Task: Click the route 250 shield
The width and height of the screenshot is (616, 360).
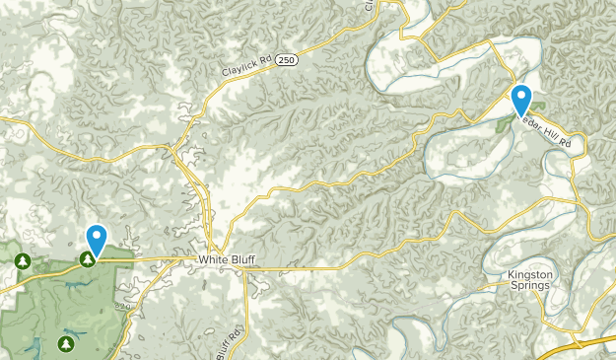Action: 286,60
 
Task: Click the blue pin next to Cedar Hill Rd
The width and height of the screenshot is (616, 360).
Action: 520,101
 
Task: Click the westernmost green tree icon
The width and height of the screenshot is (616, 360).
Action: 23,261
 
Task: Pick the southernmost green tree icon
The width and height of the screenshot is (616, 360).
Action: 65,343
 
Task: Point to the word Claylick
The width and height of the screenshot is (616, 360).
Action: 233,72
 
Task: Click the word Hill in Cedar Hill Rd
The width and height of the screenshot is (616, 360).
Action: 555,128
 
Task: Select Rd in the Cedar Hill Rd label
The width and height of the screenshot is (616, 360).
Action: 566,142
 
